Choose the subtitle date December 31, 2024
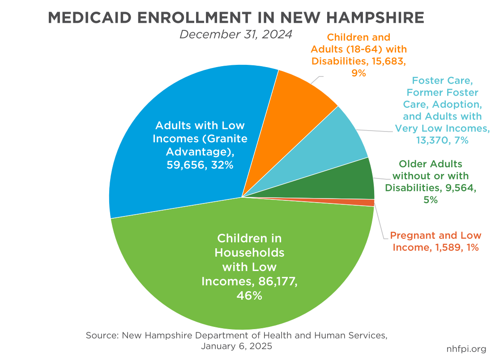pos(236,34)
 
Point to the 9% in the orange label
pos(359,73)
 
